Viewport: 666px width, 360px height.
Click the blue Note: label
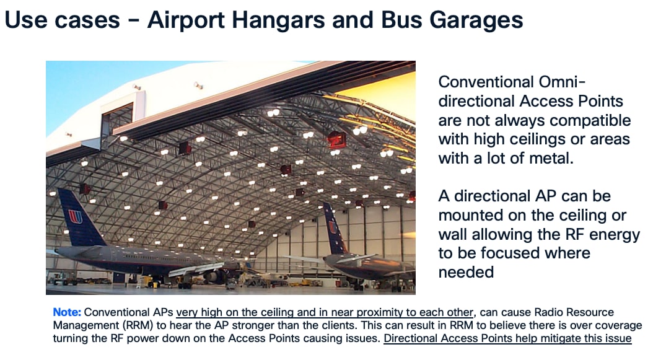tap(67, 312)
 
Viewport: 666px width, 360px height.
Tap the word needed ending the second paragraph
tap(466, 272)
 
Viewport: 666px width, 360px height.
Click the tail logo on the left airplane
tap(75, 217)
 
